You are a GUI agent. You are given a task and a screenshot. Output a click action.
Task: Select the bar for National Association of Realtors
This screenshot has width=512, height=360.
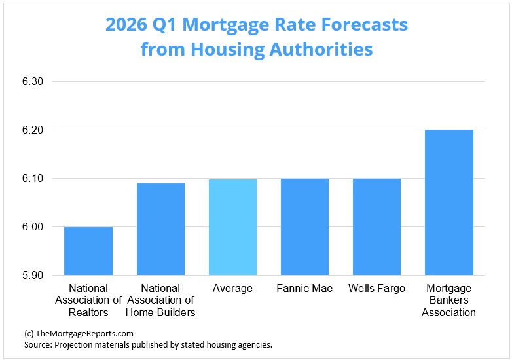point(88,251)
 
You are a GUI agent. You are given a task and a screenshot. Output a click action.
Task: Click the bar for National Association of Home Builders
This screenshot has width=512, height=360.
point(160,229)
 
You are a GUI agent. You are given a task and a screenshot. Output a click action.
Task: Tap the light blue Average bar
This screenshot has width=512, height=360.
point(232,227)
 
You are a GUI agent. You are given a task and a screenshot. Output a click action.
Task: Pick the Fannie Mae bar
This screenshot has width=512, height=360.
point(304,226)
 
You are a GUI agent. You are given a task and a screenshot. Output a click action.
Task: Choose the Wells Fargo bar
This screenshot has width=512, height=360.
point(376,226)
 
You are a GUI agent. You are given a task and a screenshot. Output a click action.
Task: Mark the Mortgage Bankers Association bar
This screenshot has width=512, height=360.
point(449,202)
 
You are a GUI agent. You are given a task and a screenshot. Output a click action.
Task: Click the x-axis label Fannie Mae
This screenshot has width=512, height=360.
point(304,289)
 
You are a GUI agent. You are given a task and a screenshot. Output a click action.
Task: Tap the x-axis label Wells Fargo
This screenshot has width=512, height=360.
point(376,289)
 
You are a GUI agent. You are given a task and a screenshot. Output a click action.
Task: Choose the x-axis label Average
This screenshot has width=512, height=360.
point(232,289)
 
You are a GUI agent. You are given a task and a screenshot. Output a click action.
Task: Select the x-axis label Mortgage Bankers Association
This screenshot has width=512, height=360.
point(449,300)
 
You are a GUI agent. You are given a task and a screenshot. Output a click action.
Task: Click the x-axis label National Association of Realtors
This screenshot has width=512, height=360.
point(88,300)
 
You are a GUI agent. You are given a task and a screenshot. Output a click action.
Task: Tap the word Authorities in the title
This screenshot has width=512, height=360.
point(325,49)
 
